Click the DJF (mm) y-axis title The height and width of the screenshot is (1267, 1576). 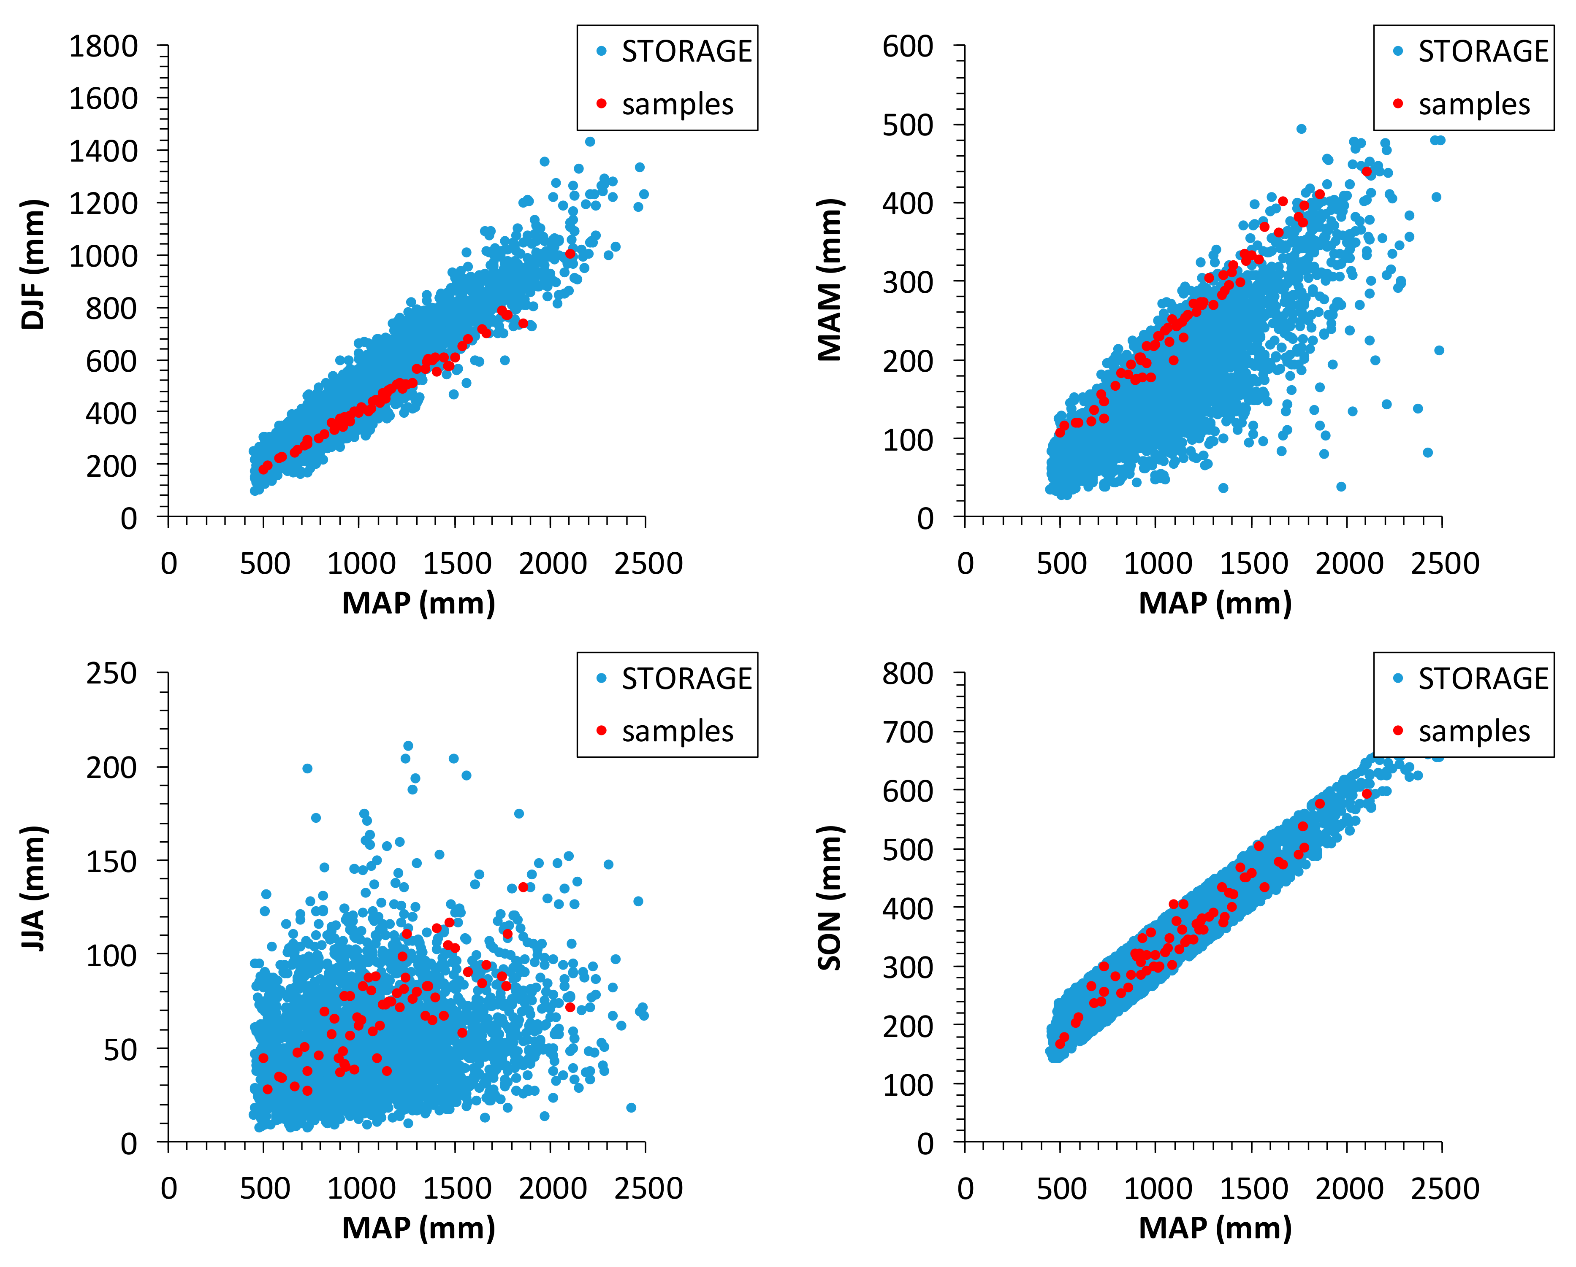tap(34, 265)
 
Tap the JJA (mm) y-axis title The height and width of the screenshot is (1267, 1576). tap(34, 888)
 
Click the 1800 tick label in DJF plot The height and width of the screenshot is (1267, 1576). tap(103, 47)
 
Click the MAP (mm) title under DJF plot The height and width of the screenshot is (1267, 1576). tap(419, 603)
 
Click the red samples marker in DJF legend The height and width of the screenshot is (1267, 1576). tap(602, 104)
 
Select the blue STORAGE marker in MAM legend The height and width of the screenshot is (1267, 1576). tap(1398, 51)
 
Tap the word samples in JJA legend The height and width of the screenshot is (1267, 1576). tap(678, 732)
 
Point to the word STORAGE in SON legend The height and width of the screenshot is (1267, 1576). tap(1483, 679)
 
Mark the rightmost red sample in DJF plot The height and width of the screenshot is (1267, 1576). tap(570, 254)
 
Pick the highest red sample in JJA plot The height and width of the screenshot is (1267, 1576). tap(524, 887)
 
